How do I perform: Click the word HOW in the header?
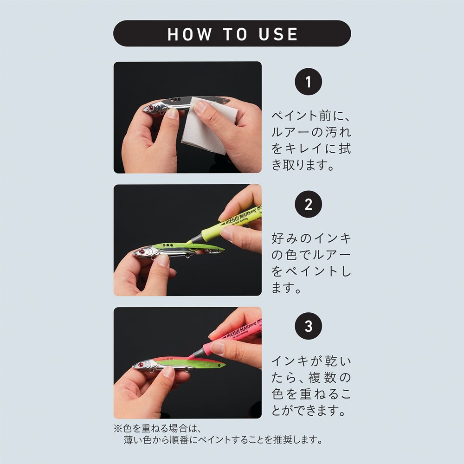coord(190,34)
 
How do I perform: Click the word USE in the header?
coord(278,34)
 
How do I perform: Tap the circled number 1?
coord(309,82)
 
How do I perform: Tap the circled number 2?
coord(309,204)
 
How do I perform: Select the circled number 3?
coord(309,326)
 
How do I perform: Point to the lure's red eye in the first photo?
coord(151,108)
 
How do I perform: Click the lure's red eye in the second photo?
coord(142,252)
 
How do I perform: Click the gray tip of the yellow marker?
coord(195,238)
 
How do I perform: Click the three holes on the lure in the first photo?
coord(175,100)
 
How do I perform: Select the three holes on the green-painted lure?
coord(168,245)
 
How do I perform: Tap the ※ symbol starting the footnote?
coord(118,428)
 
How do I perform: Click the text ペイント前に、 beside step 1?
coord(311,116)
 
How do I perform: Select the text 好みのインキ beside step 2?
coord(311,238)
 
